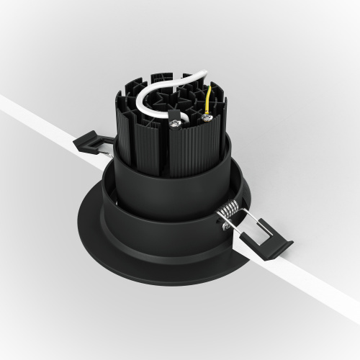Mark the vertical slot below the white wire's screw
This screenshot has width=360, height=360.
coord(175,151)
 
